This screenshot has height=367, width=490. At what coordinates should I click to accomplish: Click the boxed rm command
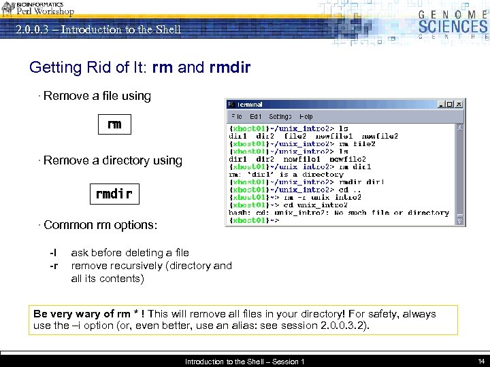(114, 124)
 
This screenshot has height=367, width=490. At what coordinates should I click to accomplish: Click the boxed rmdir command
(114, 194)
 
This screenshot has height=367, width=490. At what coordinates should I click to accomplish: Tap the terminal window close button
(459, 105)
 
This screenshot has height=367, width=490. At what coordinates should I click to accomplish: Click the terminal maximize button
(451, 105)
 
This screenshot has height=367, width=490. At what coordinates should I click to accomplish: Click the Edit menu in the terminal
(255, 117)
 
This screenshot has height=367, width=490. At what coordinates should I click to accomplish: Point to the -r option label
(53, 266)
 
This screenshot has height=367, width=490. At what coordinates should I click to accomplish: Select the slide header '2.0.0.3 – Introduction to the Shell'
(99, 29)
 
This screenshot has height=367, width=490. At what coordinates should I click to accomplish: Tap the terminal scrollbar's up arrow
(460, 128)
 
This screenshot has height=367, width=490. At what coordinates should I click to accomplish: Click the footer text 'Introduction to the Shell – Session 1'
(244, 362)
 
